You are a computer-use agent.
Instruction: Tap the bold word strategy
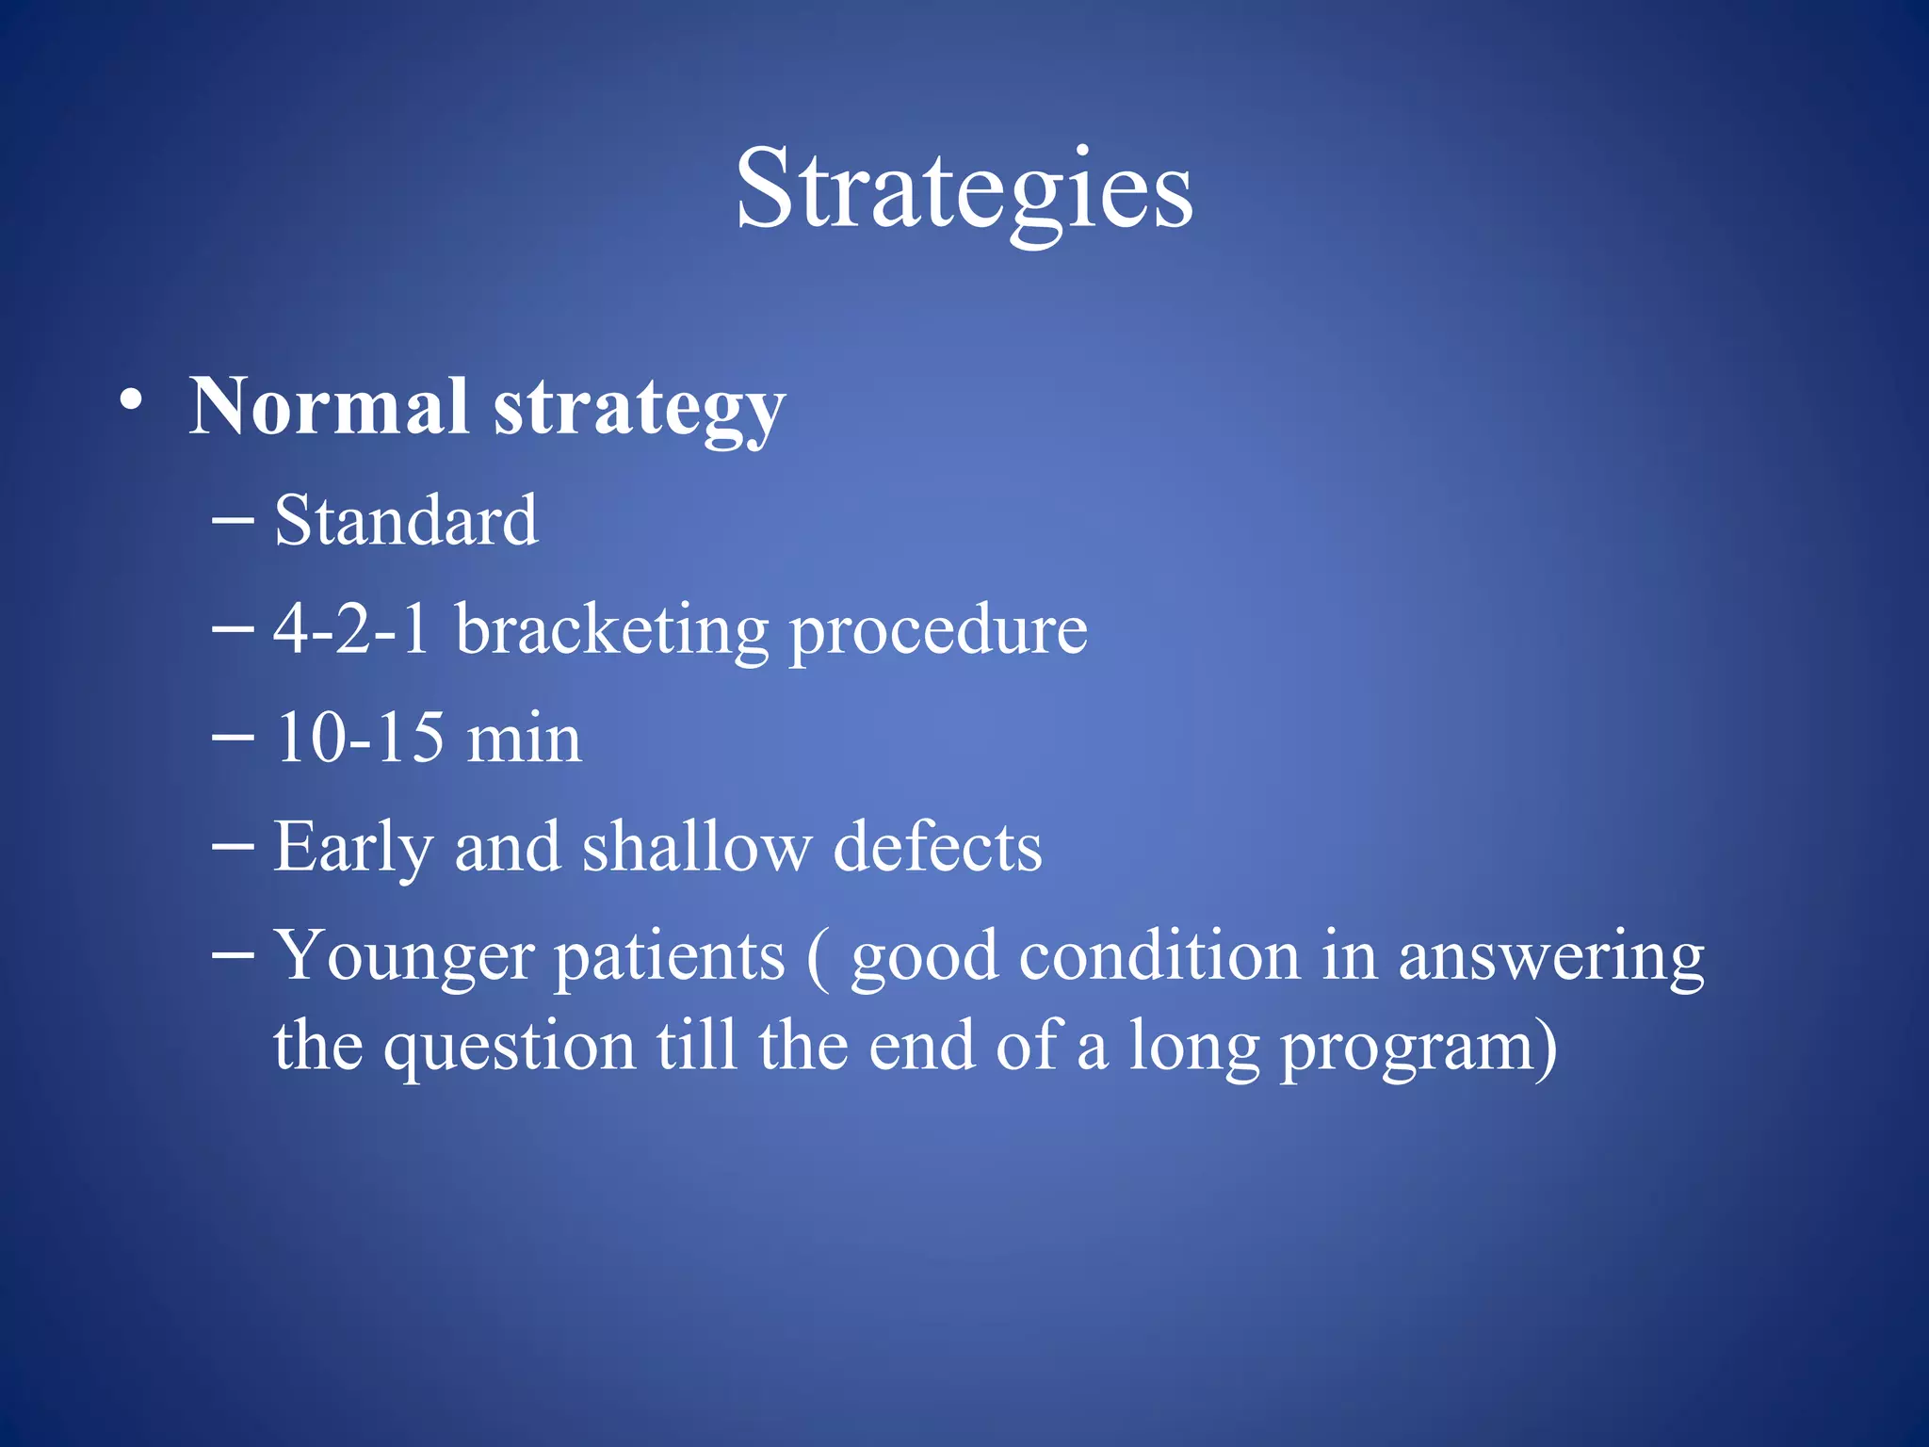coord(640,411)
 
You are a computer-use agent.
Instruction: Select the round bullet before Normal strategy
coord(132,400)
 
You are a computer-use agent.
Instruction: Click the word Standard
coord(406,520)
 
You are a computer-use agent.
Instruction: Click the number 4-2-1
coord(351,628)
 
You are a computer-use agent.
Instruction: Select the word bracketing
coord(612,631)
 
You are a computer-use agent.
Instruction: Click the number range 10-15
coord(359,738)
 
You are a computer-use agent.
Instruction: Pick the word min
coord(524,740)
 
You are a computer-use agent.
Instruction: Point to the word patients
coord(669,958)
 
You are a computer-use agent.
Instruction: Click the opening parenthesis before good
coord(818,958)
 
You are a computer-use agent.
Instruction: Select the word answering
coord(1550,958)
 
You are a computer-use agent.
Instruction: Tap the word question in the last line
coord(509,1048)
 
